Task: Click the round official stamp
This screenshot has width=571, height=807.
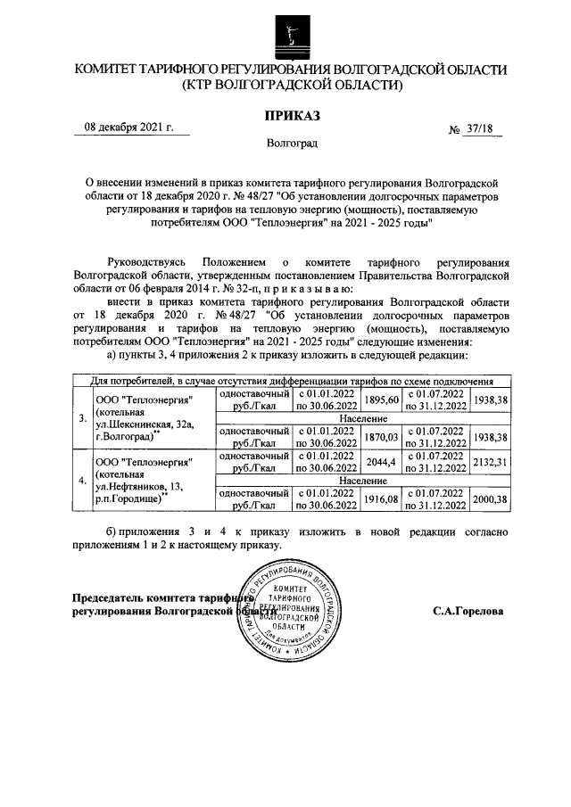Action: [x=291, y=611]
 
